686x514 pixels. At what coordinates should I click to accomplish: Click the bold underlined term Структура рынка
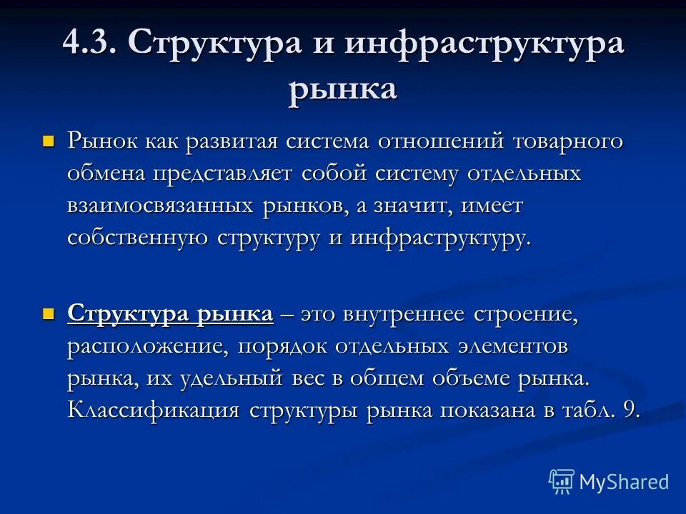click(170, 314)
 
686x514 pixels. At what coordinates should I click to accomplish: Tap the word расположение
click(148, 346)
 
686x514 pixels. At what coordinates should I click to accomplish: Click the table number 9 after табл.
click(631, 411)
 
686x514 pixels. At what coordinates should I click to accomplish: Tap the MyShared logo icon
click(562, 481)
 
